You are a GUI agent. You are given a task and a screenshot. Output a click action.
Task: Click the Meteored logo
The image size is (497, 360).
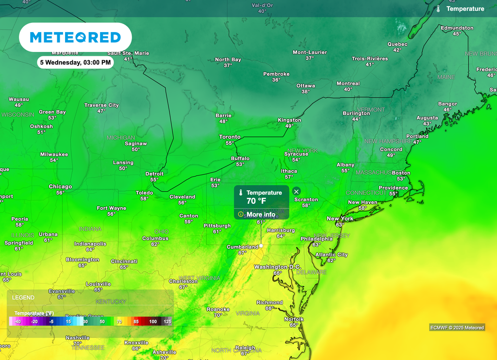75,37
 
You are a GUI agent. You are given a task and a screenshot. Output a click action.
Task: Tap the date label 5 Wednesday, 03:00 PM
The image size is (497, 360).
75,62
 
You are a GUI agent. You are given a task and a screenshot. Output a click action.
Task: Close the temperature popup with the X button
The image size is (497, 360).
297,192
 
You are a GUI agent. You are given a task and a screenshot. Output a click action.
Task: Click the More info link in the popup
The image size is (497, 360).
261,214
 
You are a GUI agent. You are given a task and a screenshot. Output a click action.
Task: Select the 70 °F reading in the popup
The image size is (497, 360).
256,201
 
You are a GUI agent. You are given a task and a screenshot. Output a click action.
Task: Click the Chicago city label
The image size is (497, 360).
60,187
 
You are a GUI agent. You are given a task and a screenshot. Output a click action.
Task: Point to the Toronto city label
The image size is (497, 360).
230,137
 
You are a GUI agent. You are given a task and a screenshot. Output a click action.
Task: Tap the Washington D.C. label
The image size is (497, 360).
278,267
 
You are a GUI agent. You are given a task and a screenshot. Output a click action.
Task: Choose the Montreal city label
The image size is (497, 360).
348,83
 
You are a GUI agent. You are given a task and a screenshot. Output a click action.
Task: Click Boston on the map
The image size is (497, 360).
401,173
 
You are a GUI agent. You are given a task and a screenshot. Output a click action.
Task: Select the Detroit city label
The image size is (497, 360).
154,174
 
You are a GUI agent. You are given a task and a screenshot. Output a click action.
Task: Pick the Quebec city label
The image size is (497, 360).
397,44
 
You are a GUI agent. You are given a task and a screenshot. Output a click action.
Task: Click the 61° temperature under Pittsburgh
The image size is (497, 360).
217,231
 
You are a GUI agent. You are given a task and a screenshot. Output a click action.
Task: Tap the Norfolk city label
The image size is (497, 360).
294,319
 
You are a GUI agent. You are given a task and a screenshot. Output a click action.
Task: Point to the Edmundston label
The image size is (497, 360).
457,28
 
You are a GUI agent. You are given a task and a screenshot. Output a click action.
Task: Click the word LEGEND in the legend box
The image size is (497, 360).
23,297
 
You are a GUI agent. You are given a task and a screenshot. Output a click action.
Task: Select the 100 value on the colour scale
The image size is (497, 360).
153,322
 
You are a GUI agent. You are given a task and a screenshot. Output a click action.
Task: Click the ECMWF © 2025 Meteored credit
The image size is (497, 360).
457,327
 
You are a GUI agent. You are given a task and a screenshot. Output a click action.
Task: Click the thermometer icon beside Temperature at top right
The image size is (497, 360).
438,9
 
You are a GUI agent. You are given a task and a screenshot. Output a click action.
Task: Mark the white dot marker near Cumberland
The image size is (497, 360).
261,246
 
